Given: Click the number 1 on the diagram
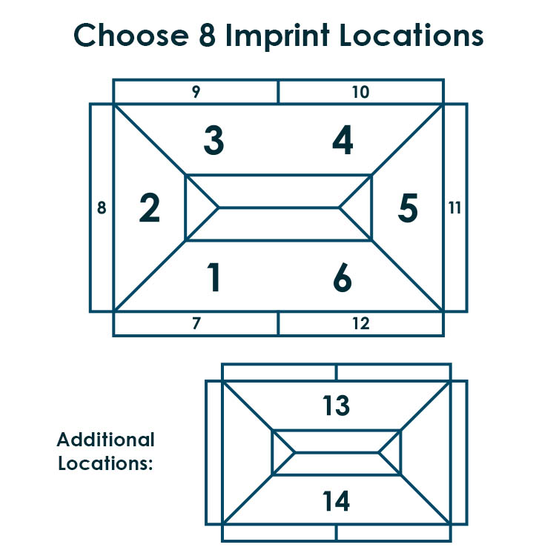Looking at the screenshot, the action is click(214, 277).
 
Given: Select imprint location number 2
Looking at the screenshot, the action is click(150, 208).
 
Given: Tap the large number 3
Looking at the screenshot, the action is click(214, 140).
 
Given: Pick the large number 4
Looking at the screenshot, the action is click(342, 140).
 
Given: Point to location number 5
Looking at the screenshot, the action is click(408, 208).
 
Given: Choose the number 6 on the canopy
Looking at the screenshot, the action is click(342, 277).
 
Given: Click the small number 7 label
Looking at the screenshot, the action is click(196, 323).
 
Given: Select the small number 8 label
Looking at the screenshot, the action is click(102, 208).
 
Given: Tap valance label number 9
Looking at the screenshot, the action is click(196, 91).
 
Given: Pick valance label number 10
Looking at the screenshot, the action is click(360, 92).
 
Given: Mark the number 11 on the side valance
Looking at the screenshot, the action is click(454, 208).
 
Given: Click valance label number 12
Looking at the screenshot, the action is click(361, 323).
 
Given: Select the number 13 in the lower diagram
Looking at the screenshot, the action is click(336, 405).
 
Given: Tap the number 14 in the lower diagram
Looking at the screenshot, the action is click(336, 500).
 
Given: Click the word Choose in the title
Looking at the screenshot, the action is click(130, 35).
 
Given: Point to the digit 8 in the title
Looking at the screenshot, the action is click(208, 35).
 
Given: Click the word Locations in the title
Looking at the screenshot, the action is click(411, 35).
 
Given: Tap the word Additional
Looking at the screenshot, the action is click(106, 440).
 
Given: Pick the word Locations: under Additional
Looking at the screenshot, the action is click(105, 463).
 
